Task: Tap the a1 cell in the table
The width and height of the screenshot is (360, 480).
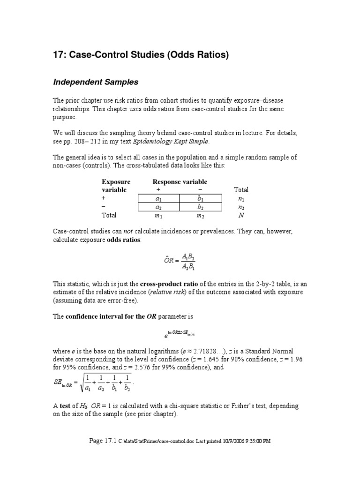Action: point(158,199)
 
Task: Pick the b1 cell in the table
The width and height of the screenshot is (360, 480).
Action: point(201,199)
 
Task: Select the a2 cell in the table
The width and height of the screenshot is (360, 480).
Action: point(158,207)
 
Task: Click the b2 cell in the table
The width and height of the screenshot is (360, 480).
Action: point(201,207)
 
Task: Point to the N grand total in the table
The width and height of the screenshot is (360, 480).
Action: point(241,216)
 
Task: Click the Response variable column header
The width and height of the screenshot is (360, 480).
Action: point(180,182)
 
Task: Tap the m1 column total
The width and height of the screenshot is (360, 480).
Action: point(158,216)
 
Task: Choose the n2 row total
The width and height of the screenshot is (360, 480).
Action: point(241,207)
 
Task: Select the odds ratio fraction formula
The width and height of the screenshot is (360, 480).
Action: point(180,262)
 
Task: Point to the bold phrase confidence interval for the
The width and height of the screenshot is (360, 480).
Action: point(105,316)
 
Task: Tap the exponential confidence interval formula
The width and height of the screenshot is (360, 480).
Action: point(180,334)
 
